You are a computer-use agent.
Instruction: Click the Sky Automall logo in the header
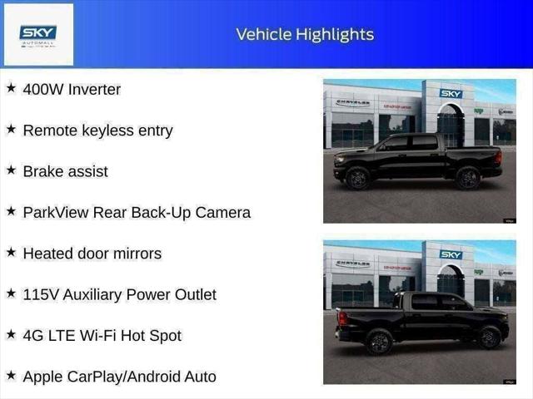coord(38,34)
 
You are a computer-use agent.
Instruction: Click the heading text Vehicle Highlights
coord(305,34)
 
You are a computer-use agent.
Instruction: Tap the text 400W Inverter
coord(72,89)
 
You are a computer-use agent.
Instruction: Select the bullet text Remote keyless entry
coord(97,131)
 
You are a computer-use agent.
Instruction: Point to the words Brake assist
coord(65,171)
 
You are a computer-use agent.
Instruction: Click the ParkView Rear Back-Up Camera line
coord(137,212)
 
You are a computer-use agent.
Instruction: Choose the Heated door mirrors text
coord(92,254)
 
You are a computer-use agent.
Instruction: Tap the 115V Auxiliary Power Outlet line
coord(119,294)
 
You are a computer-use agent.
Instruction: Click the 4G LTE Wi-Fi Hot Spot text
coord(102,336)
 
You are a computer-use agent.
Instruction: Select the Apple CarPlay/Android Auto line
coord(119,377)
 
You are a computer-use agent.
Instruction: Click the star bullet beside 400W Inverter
coord(11,88)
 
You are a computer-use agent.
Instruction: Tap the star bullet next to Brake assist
coord(11,170)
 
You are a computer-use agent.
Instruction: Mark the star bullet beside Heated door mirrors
coord(11,253)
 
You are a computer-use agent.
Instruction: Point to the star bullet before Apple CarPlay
coord(11,376)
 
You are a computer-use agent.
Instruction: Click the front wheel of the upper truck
coord(358,178)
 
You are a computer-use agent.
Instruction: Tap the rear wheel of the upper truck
coord(467,178)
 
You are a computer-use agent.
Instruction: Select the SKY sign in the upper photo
coord(451,94)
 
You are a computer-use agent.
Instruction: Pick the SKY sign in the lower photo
coord(451,254)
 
